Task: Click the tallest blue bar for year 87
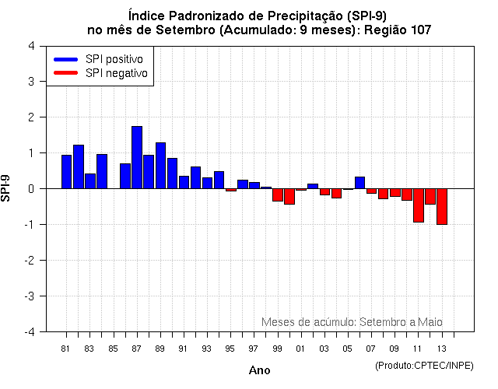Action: [137, 157]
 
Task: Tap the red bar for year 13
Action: [442, 206]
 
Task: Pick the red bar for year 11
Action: [419, 205]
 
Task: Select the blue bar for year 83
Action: [90, 180]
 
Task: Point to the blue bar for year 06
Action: [359, 183]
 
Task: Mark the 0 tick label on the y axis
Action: [30, 188]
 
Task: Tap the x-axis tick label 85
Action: [113, 349]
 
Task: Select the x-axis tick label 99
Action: [277, 349]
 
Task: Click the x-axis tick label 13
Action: [441, 349]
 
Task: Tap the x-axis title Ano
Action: [259, 370]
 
